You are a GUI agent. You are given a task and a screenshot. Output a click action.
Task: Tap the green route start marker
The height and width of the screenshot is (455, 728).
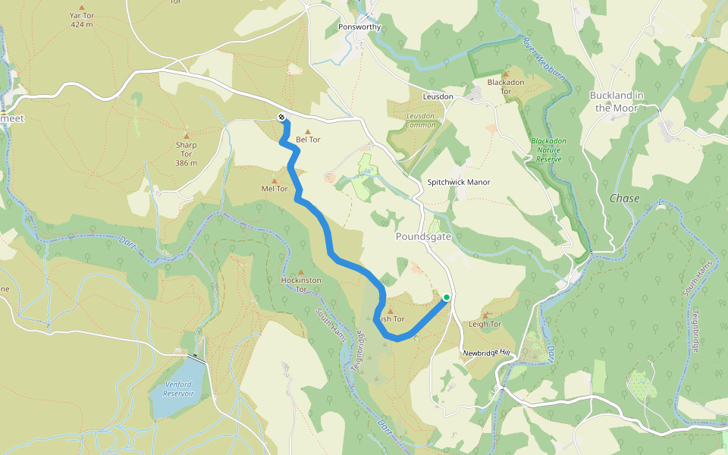[x=447, y=298]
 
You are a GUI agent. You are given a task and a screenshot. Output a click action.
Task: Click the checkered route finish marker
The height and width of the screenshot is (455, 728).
[x=281, y=118]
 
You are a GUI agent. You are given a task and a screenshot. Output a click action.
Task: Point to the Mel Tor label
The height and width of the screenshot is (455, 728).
[x=275, y=189]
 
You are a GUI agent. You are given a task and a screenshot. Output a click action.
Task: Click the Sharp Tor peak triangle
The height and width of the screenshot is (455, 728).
[x=187, y=136]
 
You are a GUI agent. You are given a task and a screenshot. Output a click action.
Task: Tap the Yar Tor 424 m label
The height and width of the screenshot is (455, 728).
[x=81, y=20]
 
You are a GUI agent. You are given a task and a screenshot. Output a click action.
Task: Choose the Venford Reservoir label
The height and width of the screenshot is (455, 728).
[x=179, y=389]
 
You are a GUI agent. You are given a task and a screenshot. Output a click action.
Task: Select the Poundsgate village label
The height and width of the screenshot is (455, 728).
[x=423, y=237]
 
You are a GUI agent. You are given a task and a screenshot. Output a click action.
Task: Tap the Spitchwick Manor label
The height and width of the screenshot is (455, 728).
[x=459, y=183]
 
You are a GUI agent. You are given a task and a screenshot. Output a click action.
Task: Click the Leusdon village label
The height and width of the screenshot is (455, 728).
[x=438, y=97]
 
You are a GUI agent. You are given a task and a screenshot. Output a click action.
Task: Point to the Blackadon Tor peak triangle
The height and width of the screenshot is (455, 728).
[x=506, y=74]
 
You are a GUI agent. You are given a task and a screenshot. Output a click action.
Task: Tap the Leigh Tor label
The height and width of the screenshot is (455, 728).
[x=485, y=325]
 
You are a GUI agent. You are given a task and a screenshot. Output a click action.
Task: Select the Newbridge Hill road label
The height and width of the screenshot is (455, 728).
[x=488, y=354]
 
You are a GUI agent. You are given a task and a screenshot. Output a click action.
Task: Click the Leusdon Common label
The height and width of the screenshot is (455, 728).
[x=421, y=121]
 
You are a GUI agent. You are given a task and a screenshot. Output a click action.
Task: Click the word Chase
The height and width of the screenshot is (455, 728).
[x=624, y=199]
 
